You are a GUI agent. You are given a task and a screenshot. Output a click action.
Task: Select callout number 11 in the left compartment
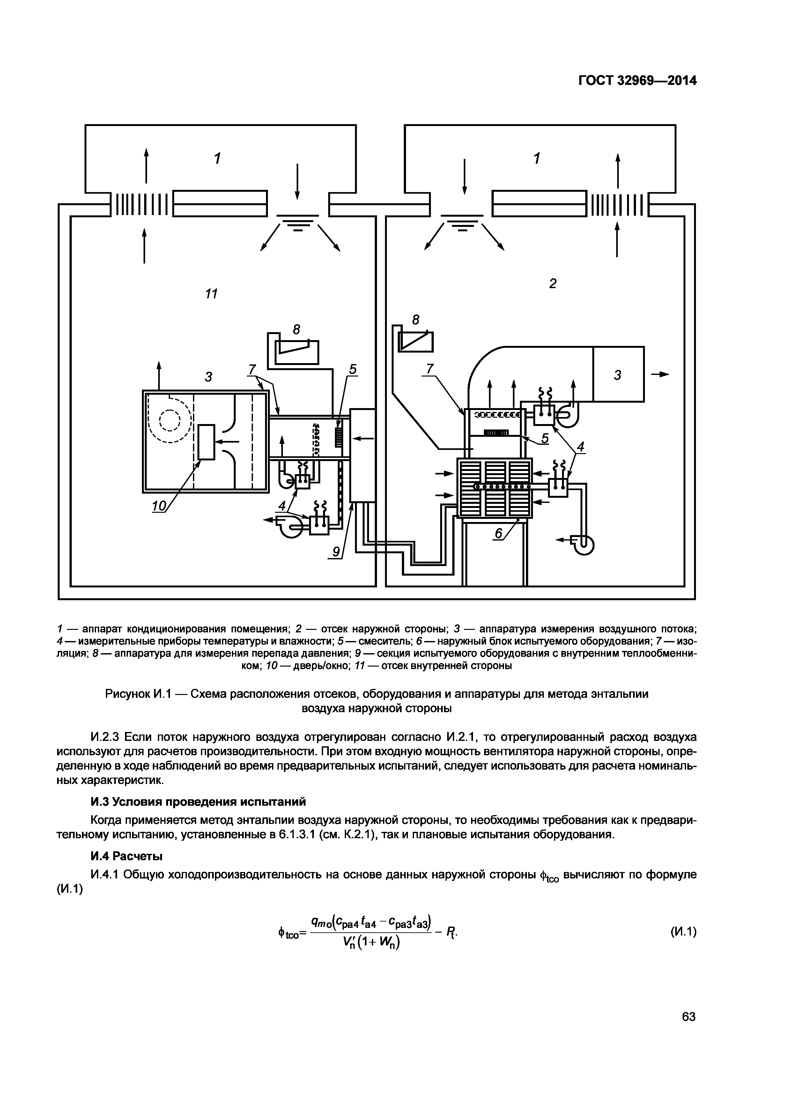coord(211,294)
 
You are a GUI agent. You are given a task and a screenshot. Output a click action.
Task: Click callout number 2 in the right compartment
coord(552,283)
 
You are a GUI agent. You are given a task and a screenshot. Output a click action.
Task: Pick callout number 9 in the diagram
coord(336,552)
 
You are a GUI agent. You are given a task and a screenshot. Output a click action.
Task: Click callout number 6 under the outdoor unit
coord(498,534)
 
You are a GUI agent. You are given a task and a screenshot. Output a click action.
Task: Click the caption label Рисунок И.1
coord(137,694)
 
